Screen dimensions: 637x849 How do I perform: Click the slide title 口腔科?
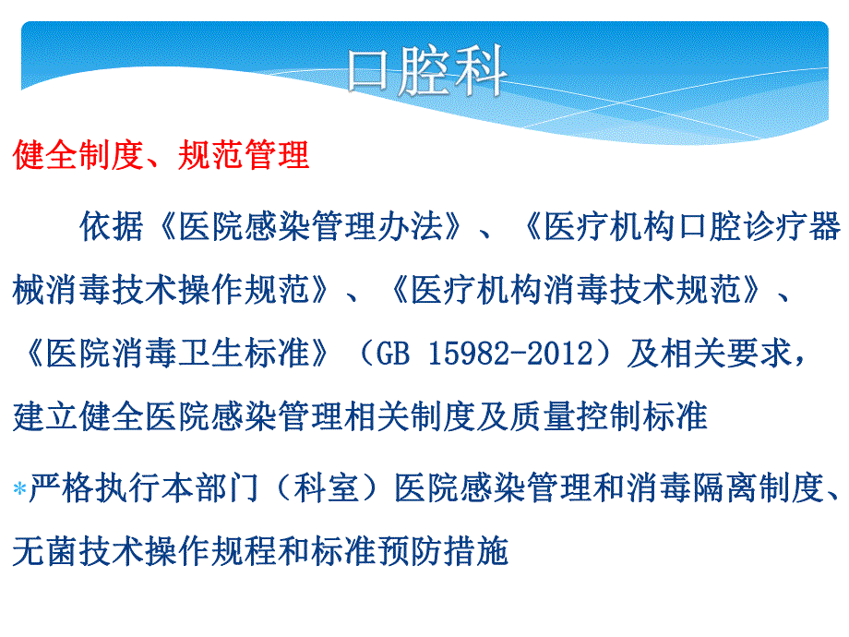coord(425,73)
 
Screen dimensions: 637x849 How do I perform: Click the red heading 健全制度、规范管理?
coord(161,155)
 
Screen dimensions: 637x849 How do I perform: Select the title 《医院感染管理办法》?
coord(309,227)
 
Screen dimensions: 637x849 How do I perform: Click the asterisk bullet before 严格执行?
coord(19,490)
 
